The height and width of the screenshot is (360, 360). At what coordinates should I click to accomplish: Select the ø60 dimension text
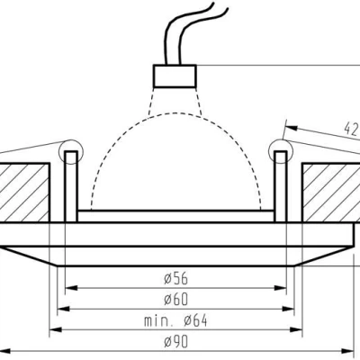click(x=176, y=299)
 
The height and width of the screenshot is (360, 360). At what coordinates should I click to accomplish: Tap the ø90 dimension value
click(x=176, y=341)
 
